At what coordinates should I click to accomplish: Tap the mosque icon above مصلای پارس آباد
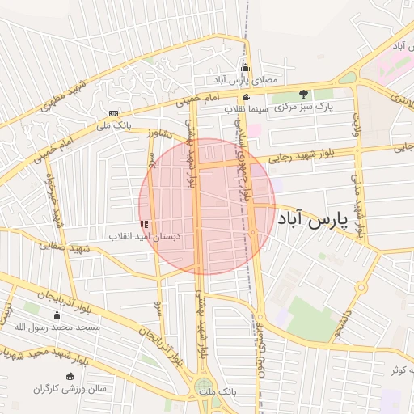click(246, 68)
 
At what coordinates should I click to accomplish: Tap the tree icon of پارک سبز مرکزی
click(304, 94)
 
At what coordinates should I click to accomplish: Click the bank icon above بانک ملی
click(113, 113)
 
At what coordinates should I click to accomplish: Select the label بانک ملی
click(113, 125)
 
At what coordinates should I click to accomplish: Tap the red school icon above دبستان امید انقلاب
click(144, 224)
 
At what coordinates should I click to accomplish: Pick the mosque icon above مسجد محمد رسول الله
click(56, 315)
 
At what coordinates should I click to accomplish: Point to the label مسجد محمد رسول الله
click(57, 327)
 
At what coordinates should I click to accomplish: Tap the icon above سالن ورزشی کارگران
click(70, 377)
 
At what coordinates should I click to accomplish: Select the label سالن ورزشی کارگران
click(70, 389)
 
